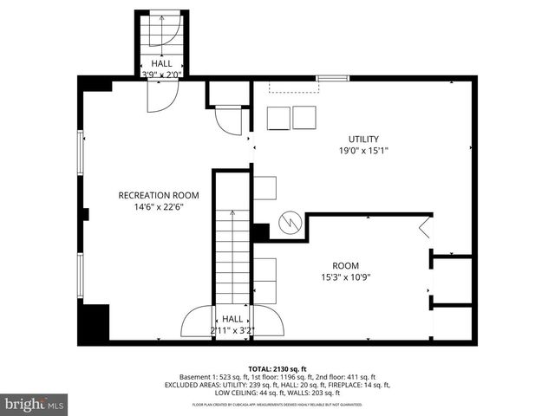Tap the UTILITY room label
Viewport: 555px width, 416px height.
364,139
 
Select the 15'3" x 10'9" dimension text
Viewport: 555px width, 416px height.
346,277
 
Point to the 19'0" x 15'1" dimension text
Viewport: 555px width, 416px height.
364,151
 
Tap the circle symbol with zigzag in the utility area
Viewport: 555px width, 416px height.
289,223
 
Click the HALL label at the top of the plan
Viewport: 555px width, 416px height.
161,63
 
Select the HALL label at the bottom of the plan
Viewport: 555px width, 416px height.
232,319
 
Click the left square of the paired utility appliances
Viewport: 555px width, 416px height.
277,118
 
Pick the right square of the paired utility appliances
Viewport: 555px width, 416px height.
305,118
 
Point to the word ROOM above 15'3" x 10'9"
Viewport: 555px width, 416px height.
346,265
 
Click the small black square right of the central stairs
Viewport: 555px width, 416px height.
260,232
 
